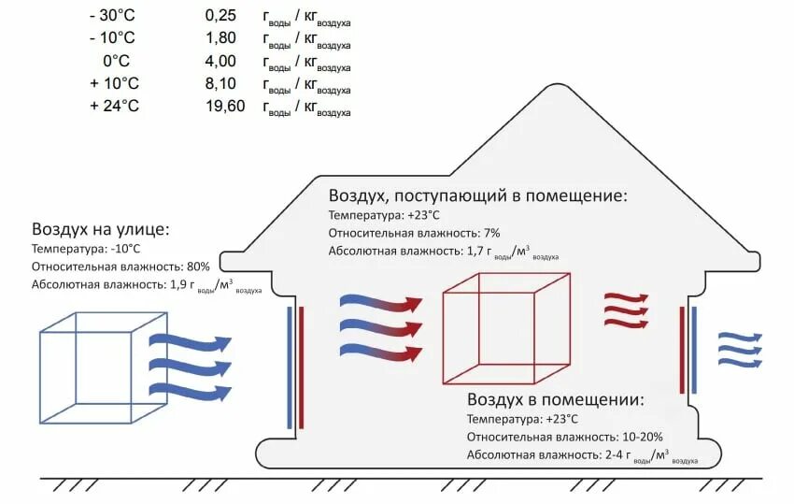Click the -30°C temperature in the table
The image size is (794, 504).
pos(113,16)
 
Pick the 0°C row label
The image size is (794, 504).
pos(116,61)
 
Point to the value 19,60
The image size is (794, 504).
pos(224,106)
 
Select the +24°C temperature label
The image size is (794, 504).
pos(114,106)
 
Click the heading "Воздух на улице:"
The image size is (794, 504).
pos(102,229)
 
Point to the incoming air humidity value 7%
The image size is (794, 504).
pos(492,232)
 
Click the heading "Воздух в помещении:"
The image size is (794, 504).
pos(556,399)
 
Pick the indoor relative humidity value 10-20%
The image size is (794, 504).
pos(644,437)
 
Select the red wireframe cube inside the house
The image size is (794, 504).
pos(505,326)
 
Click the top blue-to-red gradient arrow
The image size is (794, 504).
pos(379,303)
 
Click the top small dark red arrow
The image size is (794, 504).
pos(626,298)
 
